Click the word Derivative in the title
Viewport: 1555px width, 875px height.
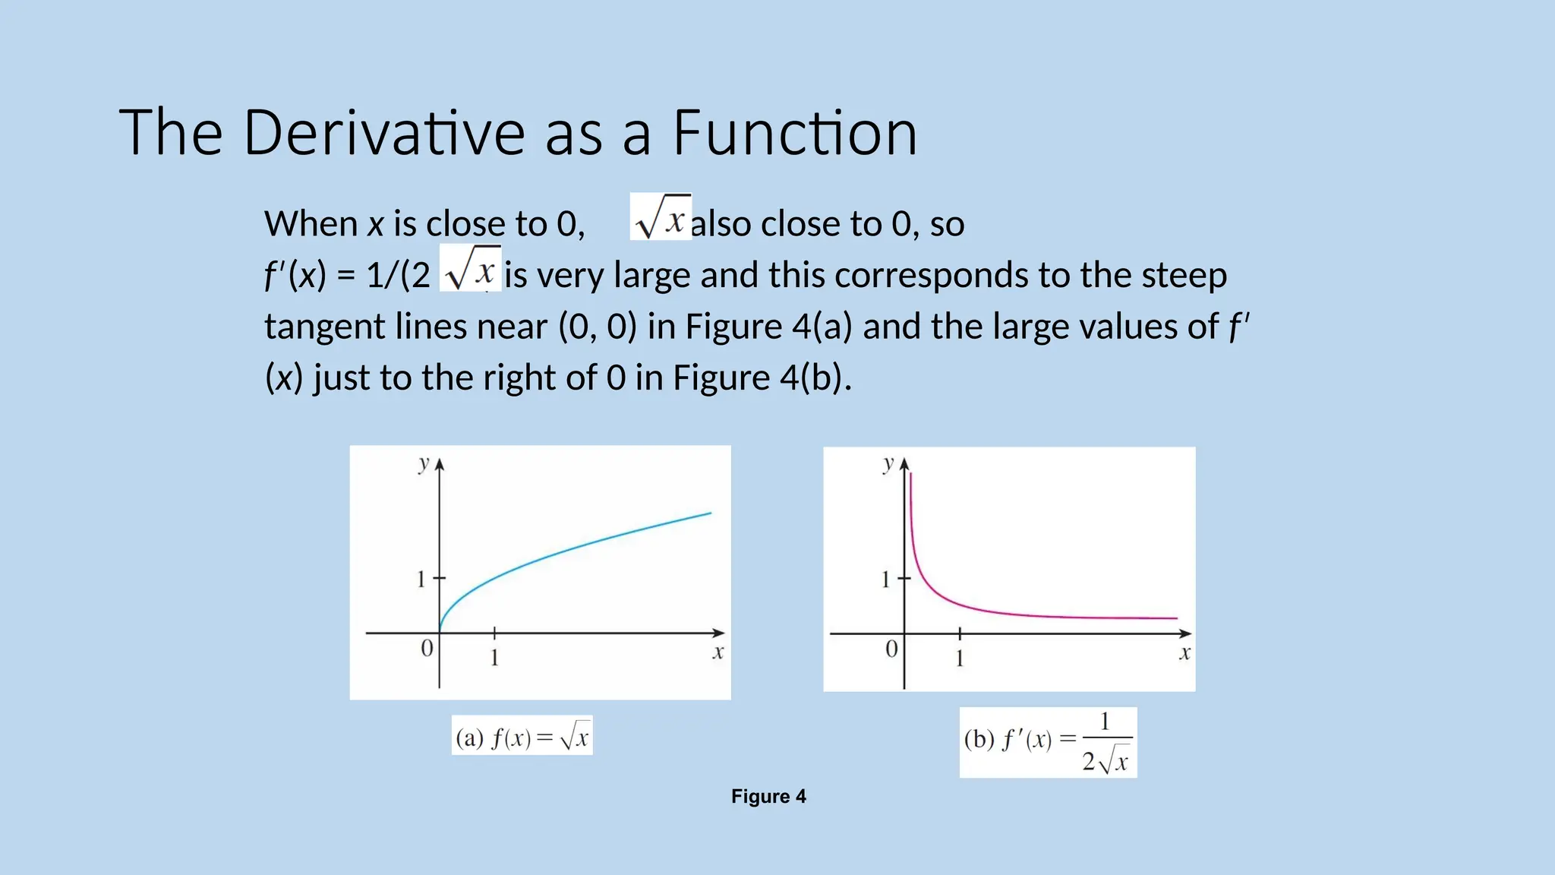click(383, 133)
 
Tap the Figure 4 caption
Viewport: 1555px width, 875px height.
click(768, 796)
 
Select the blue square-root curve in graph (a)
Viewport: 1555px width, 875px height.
click(577, 550)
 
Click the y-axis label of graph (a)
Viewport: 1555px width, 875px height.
click(424, 463)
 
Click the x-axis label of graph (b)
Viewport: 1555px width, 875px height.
click(1184, 652)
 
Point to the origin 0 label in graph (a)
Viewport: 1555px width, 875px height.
click(427, 648)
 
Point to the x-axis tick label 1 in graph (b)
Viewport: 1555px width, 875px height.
click(960, 658)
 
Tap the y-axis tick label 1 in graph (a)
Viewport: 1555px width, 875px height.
click(421, 580)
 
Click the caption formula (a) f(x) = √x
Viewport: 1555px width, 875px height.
click(522, 736)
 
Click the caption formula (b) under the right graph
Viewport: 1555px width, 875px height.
click(1048, 742)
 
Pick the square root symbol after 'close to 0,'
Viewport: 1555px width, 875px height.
click(660, 218)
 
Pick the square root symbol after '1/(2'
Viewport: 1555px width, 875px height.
click(470, 270)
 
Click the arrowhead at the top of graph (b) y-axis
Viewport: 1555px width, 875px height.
click(904, 463)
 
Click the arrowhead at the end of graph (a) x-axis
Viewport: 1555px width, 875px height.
click(719, 633)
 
